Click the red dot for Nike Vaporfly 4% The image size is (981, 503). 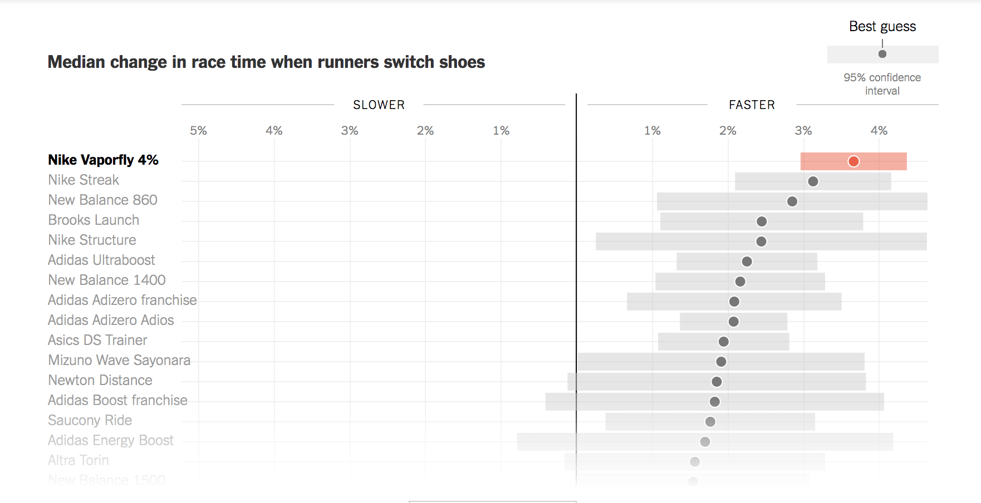854,161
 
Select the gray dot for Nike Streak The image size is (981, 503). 813,181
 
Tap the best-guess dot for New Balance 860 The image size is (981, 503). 792,201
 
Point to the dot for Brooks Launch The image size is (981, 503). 762,221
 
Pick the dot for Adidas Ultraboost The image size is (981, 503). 747,262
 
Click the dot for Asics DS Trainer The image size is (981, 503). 724,342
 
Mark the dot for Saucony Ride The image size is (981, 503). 710,422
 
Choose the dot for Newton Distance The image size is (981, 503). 717,382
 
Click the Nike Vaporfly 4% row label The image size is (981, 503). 103,160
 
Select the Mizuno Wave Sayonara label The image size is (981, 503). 119,361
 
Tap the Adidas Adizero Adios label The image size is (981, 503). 111,320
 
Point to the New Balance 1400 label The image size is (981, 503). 107,280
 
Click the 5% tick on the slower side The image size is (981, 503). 198,131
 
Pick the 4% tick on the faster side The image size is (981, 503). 879,131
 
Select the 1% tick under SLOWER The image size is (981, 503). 501,131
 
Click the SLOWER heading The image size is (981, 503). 379,105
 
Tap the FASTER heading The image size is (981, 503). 752,105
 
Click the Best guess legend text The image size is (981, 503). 882,27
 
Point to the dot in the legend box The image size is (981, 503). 882,54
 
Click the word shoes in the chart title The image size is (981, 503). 462,62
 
